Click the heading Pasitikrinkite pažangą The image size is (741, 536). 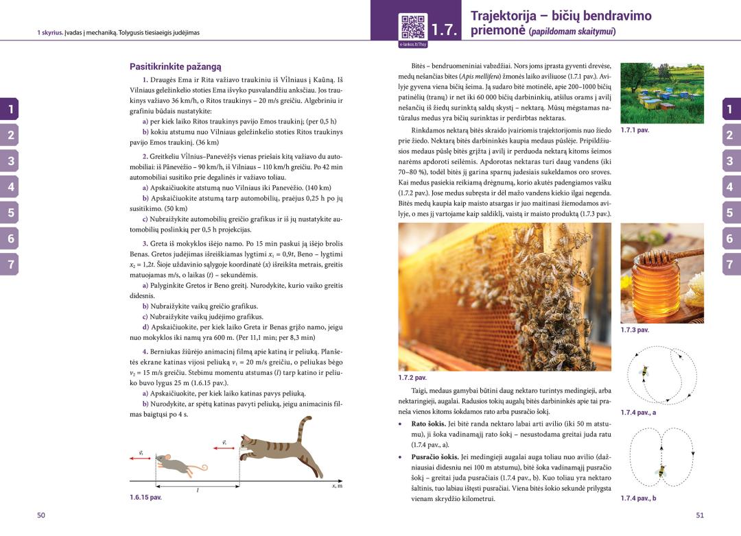tap(175, 66)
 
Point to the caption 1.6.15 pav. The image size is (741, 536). tap(145, 498)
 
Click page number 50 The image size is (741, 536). tap(41, 515)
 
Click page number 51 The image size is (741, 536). tap(700, 515)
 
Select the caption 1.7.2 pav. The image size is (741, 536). tap(412, 378)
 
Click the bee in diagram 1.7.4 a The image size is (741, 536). tap(644, 371)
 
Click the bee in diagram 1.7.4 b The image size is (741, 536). tap(662, 472)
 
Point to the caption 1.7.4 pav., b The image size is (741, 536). tap(638, 498)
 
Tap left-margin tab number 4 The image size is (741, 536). tap(10, 186)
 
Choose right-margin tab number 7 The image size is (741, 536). tap(730, 265)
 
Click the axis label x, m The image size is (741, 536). tap(338, 486)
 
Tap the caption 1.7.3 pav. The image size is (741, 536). tap(635, 330)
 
